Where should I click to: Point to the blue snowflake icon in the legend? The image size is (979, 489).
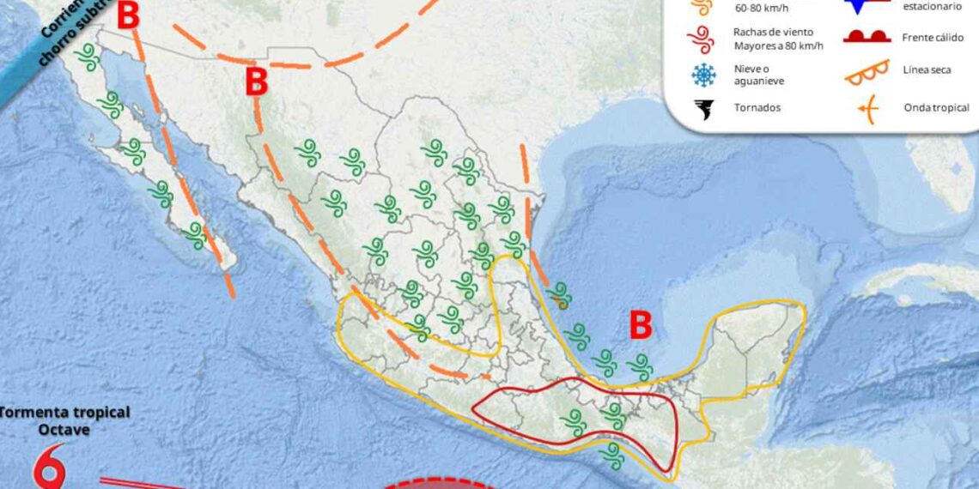[x=704, y=75]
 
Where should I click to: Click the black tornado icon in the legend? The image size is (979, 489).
[x=704, y=109]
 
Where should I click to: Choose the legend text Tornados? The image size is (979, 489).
[x=757, y=108]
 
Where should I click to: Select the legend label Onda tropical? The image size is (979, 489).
[x=936, y=107]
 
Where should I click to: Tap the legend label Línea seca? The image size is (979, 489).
[x=927, y=69]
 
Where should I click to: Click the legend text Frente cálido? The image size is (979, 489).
[x=933, y=38]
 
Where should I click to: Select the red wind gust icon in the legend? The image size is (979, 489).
[x=704, y=39]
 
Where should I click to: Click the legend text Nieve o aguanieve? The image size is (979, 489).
[x=759, y=75]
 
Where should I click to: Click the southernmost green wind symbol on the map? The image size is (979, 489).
[x=612, y=456]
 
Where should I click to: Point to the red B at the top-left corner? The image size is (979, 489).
[x=128, y=16]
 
